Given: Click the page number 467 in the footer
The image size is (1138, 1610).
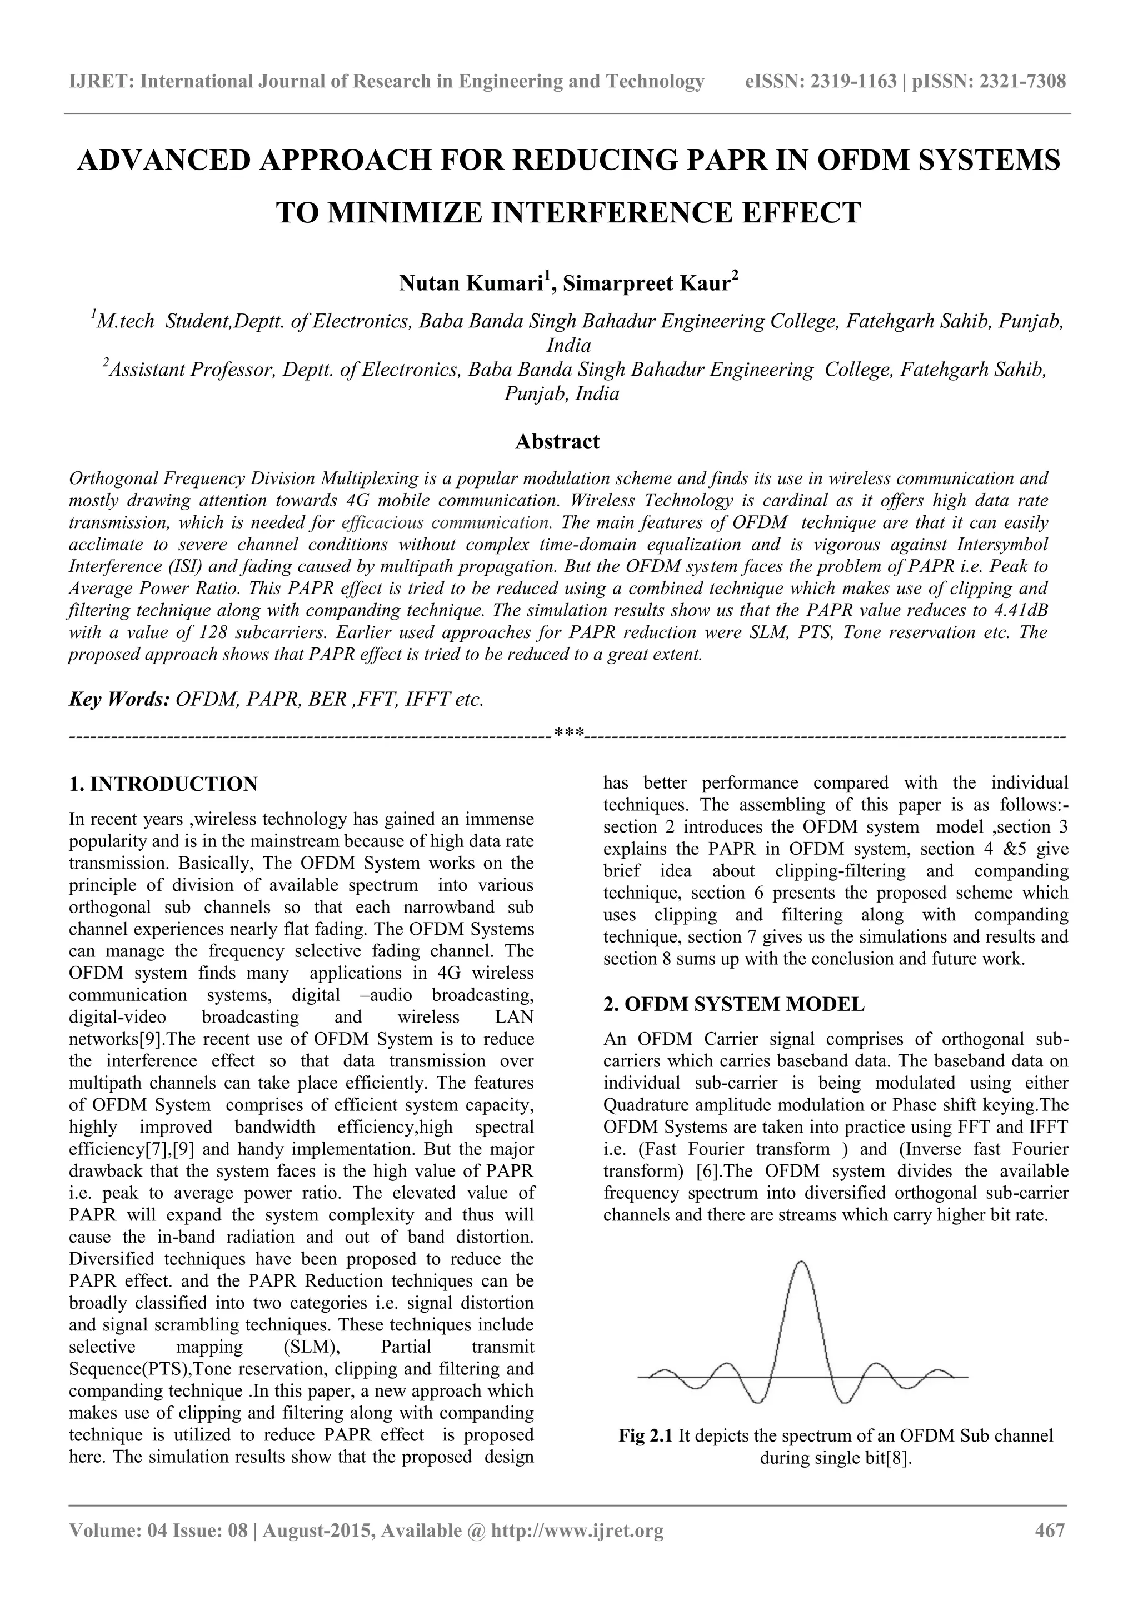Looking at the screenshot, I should (1050, 1549).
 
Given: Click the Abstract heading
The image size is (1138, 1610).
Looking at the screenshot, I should (557, 442).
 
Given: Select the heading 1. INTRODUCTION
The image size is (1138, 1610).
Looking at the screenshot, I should (163, 784).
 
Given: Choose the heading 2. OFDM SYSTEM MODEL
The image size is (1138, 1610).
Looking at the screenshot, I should (733, 1004).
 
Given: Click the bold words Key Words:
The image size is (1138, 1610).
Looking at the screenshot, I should (119, 699).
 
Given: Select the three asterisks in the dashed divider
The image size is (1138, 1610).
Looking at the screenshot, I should (568, 734).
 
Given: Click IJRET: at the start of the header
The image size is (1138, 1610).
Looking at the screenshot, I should (102, 82).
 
